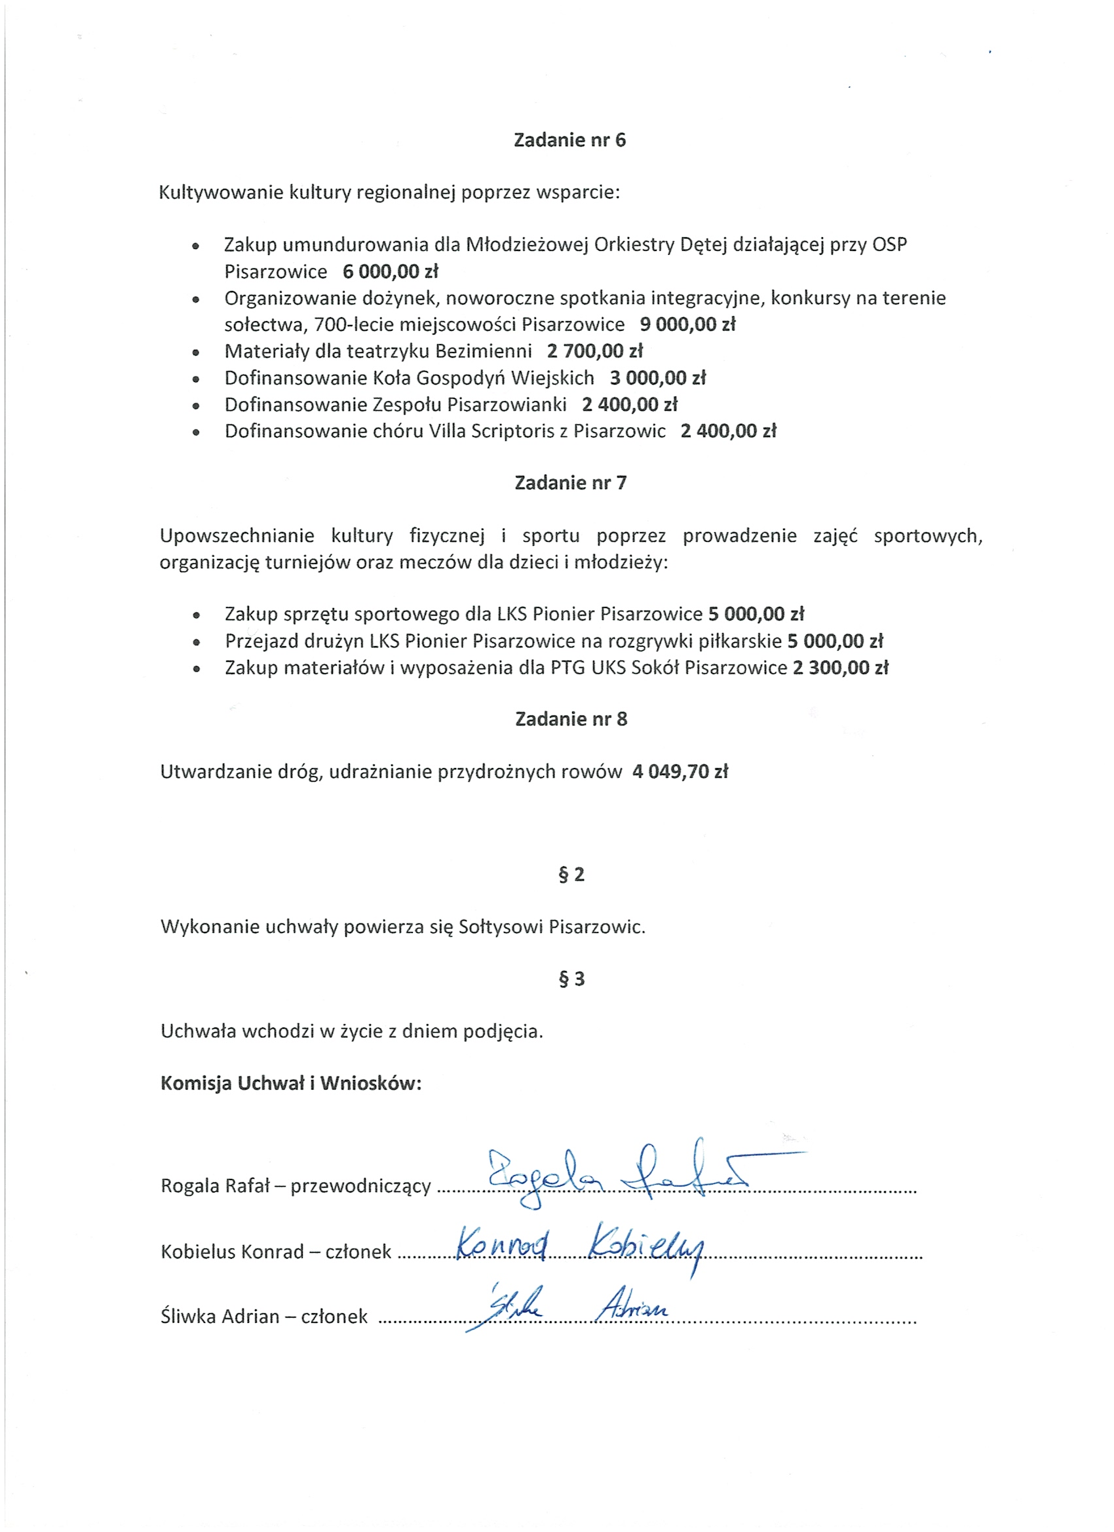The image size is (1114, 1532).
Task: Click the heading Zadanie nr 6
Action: pos(569,140)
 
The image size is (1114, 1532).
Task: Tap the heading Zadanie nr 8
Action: pos(571,719)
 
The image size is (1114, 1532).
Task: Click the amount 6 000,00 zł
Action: pos(391,271)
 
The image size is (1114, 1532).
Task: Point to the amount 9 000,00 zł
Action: pos(687,324)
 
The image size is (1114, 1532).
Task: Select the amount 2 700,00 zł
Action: pos(594,351)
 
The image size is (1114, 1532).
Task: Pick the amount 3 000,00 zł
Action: pos(657,377)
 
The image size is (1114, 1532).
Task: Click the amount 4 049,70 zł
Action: pos(680,771)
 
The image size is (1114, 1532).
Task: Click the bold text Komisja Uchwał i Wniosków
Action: pos(290,1084)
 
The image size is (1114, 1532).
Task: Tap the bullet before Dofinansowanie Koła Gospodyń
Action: pos(196,379)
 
